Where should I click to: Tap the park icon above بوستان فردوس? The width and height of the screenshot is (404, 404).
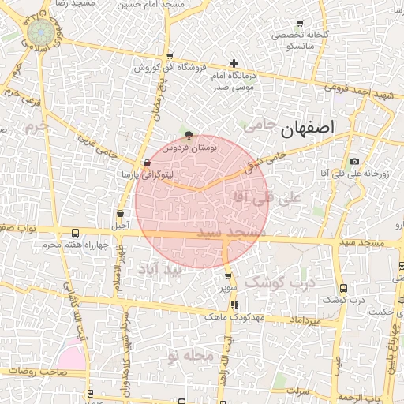point(188,135)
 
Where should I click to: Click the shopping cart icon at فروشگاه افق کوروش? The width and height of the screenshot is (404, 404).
point(170,56)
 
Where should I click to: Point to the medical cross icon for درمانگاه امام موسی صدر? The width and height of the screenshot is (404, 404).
point(234,63)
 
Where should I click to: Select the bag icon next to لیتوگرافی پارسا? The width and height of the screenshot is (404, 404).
point(147,163)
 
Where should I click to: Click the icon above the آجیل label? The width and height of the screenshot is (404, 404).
point(120,213)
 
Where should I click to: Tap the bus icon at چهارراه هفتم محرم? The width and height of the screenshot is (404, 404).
point(75,234)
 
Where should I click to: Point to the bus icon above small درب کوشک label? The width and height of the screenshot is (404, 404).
point(342,288)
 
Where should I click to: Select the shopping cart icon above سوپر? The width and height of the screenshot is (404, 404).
point(228,275)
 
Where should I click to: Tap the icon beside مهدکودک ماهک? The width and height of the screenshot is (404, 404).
point(234,305)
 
